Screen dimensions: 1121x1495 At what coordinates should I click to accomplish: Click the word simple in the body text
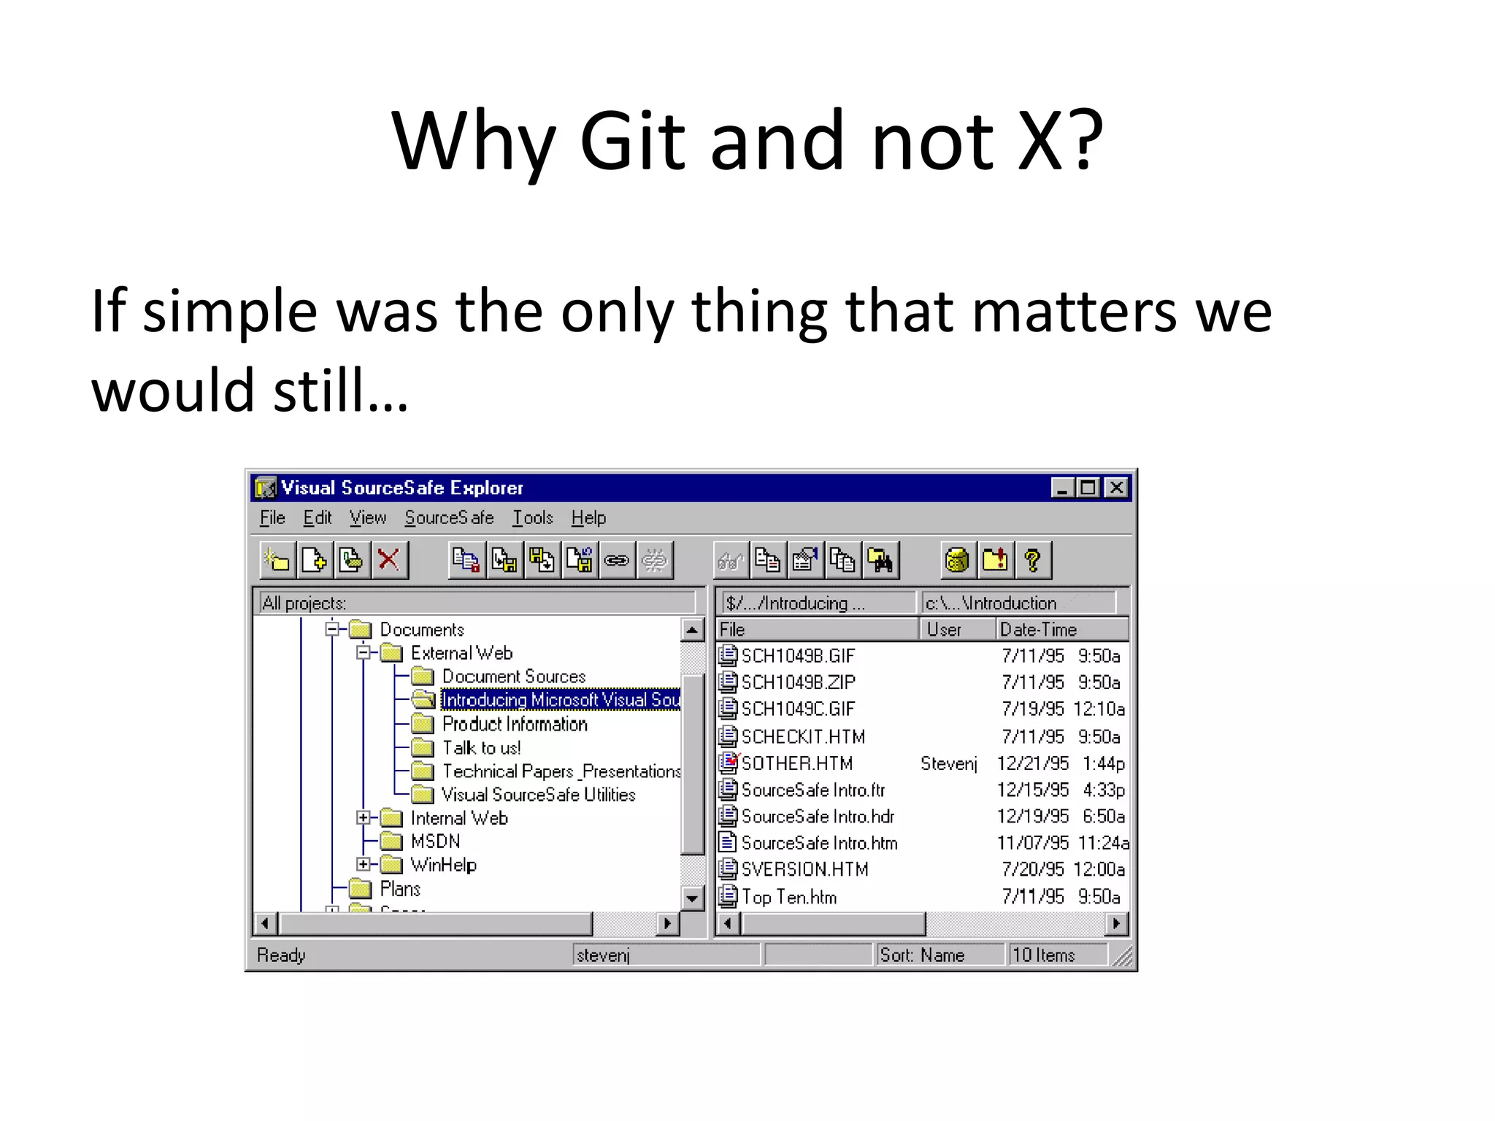229,312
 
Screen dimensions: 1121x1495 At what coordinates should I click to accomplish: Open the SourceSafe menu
449,517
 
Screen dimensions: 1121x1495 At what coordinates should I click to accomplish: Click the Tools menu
532,517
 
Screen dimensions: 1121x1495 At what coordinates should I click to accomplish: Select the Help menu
588,517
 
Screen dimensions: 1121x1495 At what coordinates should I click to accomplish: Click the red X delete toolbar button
389,560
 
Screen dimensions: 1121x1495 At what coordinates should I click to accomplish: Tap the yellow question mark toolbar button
1032,560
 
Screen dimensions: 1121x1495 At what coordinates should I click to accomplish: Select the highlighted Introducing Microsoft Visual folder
561,700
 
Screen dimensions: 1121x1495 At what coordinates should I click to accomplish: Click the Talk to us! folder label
481,748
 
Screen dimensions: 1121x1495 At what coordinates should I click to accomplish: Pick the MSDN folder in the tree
435,841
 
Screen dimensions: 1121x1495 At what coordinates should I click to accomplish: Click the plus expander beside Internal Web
363,818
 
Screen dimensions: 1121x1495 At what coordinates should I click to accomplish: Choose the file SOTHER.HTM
796,763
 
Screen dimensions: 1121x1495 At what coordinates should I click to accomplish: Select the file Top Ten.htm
788,897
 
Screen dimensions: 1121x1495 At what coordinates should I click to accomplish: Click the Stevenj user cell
948,763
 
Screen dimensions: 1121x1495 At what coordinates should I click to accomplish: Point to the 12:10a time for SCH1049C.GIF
1099,709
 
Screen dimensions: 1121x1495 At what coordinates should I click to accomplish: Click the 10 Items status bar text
1043,955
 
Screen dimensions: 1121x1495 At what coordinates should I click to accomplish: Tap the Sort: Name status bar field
922,955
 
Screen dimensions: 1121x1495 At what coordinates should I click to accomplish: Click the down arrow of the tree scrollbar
691,898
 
